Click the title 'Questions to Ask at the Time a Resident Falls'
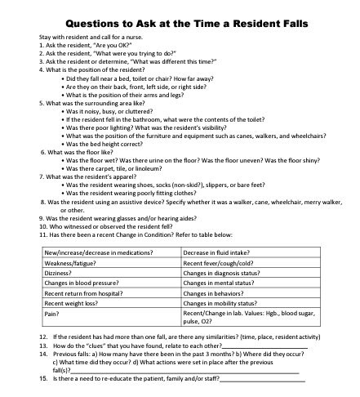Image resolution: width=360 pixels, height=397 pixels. pyautogui.click(x=180, y=23)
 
